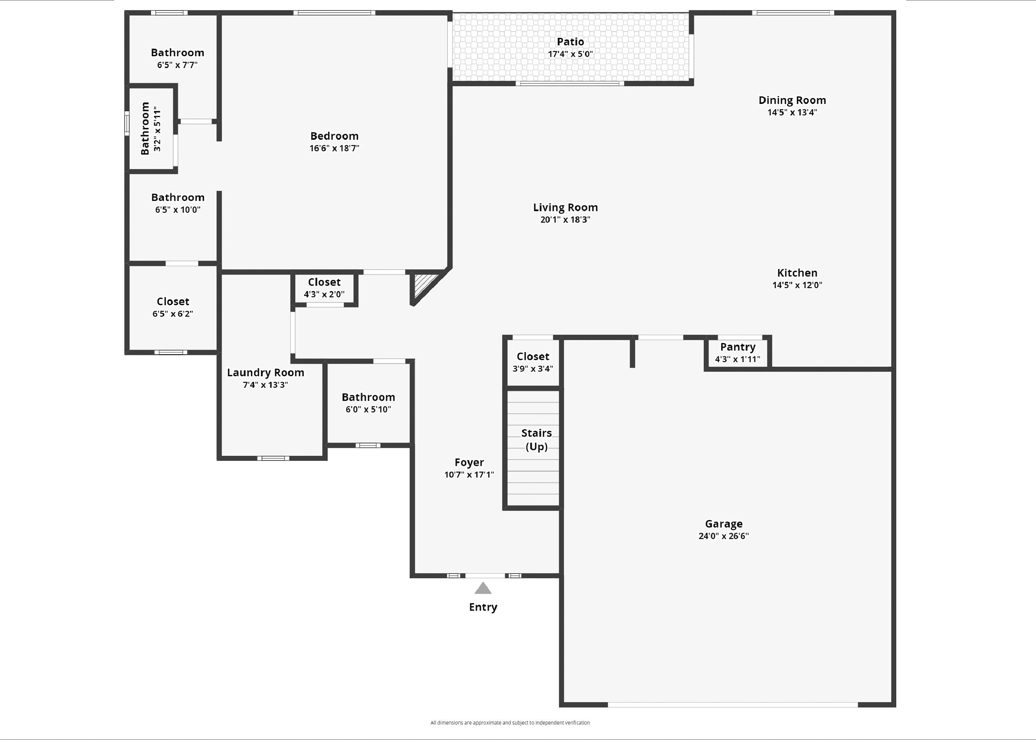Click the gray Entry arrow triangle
click(483, 588)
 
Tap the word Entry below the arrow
click(483, 607)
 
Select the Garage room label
click(723, 524)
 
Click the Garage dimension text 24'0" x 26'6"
click(723, 536)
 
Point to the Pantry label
click(737, 347)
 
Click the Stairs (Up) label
click(536, 439)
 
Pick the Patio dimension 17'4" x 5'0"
click(570, 54)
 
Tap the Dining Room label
click(792, 100)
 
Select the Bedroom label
click(334, 136)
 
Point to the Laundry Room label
click(265, 372)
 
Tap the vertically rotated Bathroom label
click(145, 128)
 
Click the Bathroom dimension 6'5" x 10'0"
click(178, 210)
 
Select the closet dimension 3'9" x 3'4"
click(532, 369)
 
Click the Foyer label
click(469, 462)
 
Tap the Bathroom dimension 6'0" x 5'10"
click(368, 409)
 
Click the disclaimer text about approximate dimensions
click(510, 723)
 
